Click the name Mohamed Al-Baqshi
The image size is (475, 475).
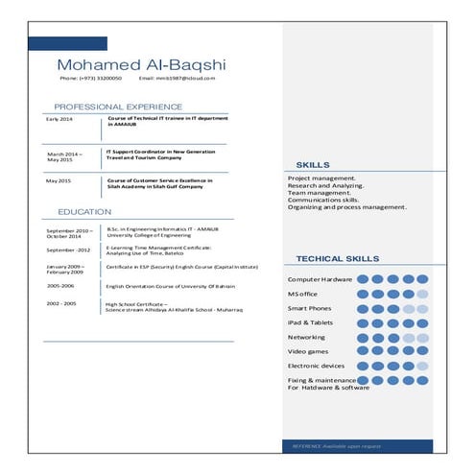(141, 64)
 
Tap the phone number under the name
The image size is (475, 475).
(90, 78)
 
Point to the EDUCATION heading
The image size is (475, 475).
(83, 211)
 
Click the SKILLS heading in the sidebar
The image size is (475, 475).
(313, 165)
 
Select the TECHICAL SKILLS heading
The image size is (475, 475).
(337, 259)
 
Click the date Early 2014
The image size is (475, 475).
(59, 119)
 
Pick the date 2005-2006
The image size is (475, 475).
(60, 285)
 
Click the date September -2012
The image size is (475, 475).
(68, 249)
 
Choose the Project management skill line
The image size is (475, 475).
(321, 178)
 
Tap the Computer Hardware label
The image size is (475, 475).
(320, 279)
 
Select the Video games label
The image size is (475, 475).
(309, 352)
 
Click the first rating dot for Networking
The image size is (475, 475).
(362, 338)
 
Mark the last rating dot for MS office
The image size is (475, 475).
(422, 294)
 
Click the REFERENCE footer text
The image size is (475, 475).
(343, 446)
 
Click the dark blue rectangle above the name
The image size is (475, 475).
(54, 43)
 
